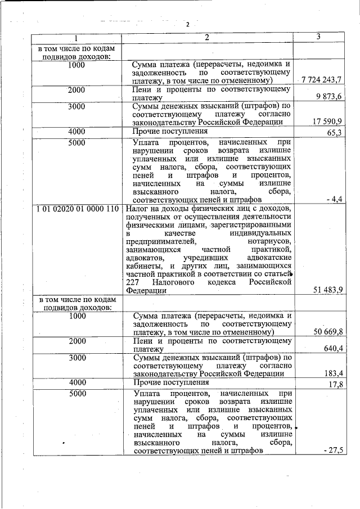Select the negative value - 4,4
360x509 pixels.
[x=335, y=199]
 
